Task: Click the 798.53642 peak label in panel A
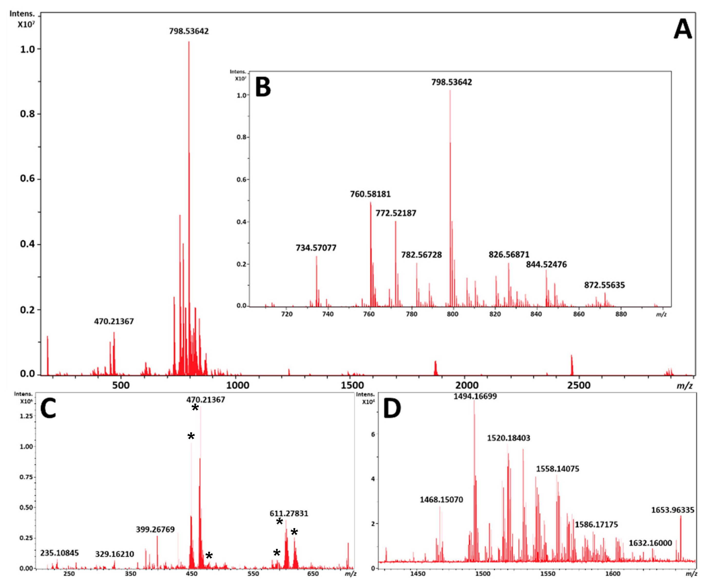tap(189, 31)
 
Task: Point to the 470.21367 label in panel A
tap(114, 321)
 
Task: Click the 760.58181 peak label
tap(370, 194)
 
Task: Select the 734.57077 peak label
tap(316, 248)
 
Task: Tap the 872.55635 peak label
tap(604, 285)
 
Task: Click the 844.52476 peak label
tap(546, 264)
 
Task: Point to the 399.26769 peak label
tap(155, 529)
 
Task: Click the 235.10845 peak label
tap(59, 553)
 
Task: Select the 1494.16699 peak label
tap(475, 396)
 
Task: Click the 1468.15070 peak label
tap(441, 500)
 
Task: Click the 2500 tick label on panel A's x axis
tap(579, 385)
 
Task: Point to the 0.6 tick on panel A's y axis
tap(27, 178)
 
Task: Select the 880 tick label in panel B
tap(621, 314)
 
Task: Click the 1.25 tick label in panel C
tap(26, 416)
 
